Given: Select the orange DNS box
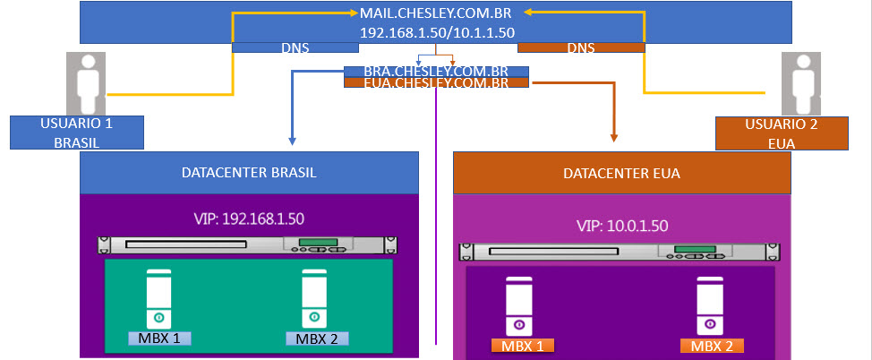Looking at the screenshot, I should [x=580, y=47].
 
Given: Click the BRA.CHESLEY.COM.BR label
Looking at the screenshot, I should [x=436, y=72].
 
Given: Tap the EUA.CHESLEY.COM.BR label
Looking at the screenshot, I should [x=436, y=83].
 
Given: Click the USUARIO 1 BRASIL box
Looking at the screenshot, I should [x=64, y=132].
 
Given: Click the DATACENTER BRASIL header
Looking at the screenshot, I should [x=249, y=173].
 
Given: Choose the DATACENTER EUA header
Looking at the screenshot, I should [x=622, y=174].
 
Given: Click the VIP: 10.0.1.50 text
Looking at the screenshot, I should [x=622, y=226].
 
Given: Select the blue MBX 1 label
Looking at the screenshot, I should [x=158, y=338].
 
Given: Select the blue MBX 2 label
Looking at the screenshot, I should [x=316, y=338].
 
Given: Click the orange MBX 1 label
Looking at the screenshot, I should [x=522, y=345].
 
